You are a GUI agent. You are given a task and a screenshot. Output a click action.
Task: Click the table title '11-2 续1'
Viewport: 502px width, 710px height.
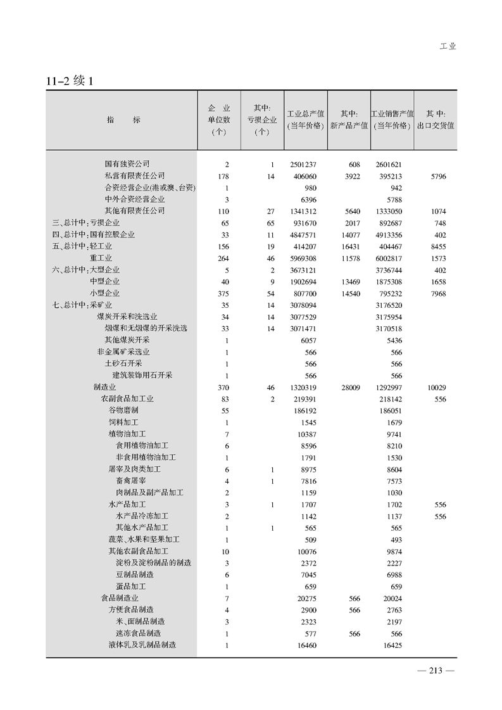pyautogui.click(x=70, y=82)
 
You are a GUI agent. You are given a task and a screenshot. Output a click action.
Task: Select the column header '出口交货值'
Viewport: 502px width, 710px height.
pyautogui.click(x=436, y=125)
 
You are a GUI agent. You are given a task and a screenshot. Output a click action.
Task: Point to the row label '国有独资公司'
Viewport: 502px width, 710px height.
pyautogui.click(x=127, y=164)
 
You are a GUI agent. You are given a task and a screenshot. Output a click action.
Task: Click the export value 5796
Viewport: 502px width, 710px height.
pyautogui.click(x=437, y=176)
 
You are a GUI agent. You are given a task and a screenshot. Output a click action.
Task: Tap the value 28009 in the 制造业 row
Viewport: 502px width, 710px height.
pyautogui.click(x=348, y=387)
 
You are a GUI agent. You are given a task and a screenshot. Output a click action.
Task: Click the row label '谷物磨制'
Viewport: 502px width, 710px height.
pyautogui.click(x=123, y=410)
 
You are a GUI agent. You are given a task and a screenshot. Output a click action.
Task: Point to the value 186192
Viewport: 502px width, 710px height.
pyautogui.click(x=304, y=410)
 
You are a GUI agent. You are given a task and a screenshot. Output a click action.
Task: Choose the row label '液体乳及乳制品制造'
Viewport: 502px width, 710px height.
pyautogui.click(x=142, y=645)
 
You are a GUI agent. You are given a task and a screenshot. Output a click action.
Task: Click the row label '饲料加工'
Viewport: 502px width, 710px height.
pyautogui.click(x=123, y=422)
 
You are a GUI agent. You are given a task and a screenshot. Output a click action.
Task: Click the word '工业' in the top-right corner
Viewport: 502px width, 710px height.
pyautogui.click(x=448, y=46)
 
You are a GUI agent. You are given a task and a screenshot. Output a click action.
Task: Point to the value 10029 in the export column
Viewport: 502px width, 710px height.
pyautogui.click(x=437, y=387)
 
